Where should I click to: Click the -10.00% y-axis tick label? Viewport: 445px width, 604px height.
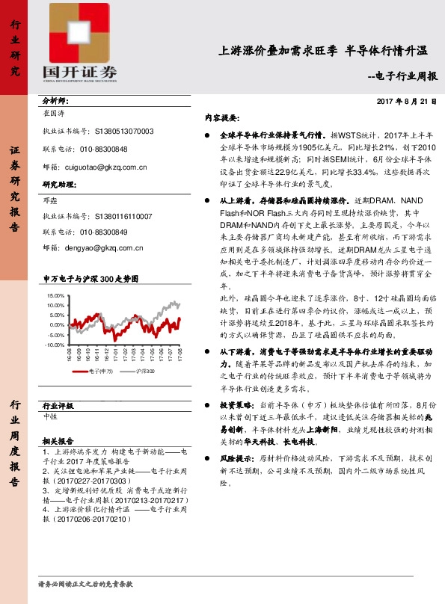point(55,345)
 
